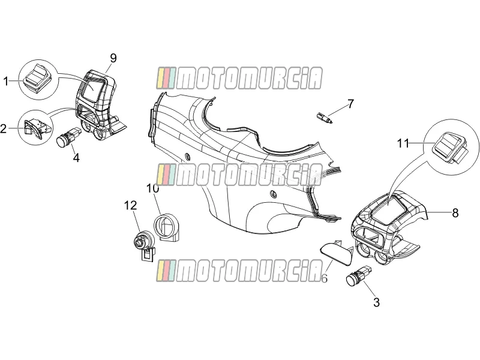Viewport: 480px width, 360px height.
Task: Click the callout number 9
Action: tap(113, 58)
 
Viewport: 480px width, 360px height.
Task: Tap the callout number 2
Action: tap(4, 128)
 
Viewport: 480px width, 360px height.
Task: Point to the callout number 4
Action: tap(76, 158)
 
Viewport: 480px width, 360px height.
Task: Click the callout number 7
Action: tap(350, 104)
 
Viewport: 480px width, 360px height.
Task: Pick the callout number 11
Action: tap(403, 143)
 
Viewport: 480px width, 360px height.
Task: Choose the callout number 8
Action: tap(455, 213)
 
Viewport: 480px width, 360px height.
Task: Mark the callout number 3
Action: tap(377, 302)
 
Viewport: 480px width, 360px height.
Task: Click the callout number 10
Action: tap(153, 188)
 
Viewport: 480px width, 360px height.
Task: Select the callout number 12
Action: tap(131, 205)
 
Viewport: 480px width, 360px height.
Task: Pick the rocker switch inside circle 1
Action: tap(38, 77)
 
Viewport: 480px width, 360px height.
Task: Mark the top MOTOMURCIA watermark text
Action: tap(239, 79)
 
